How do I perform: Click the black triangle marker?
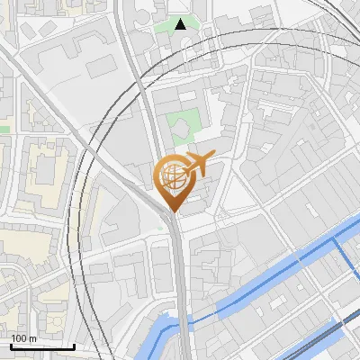(181, 24)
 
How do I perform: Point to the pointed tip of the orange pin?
(171, 211)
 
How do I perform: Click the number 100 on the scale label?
(19, 338)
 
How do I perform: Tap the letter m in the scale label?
(32, 338)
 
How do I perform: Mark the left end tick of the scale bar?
(11, 345)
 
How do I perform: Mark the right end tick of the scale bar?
(74, 345)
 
